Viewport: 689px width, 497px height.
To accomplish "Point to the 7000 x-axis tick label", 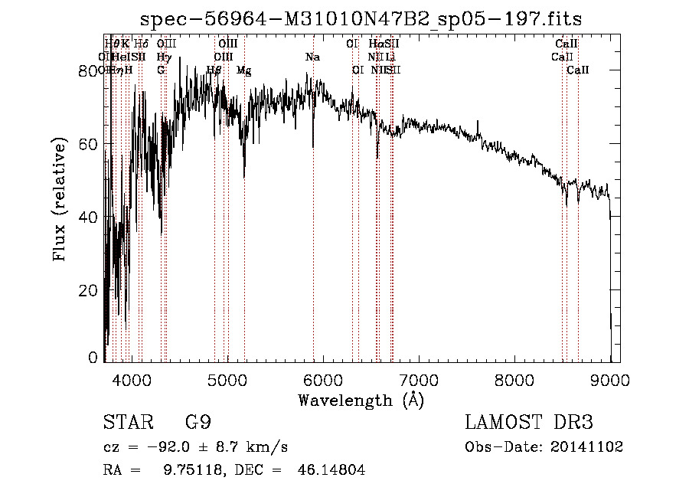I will point(418,379).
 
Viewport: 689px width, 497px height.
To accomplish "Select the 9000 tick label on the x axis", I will point(610,379).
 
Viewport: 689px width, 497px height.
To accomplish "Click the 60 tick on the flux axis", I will point(89,144).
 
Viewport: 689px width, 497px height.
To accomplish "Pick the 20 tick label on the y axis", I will point(89,290).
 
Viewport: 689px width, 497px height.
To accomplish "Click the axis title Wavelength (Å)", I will point(361,401).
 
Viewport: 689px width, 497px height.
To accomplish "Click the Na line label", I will point(312,57).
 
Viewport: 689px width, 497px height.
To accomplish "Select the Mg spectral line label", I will point(243,70).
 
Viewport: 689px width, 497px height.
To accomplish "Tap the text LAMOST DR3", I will point(528,423).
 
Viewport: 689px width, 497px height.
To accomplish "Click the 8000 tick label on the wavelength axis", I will point(514,379).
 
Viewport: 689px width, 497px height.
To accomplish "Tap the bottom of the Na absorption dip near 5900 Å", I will point(313,146).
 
